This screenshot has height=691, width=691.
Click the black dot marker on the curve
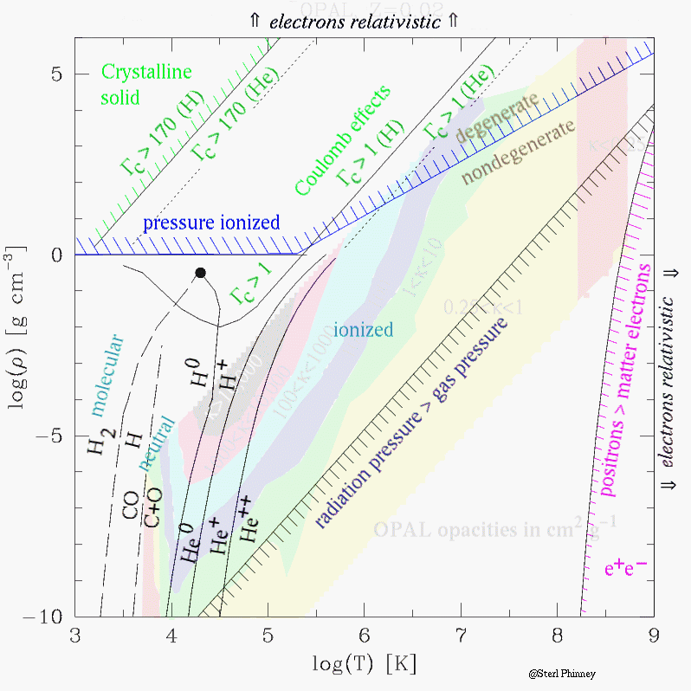[200, 272]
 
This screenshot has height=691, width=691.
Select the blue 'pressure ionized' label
[211, 223]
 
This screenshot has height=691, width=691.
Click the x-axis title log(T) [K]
[364, 665]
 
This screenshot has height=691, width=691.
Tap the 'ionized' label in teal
[364, 330]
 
